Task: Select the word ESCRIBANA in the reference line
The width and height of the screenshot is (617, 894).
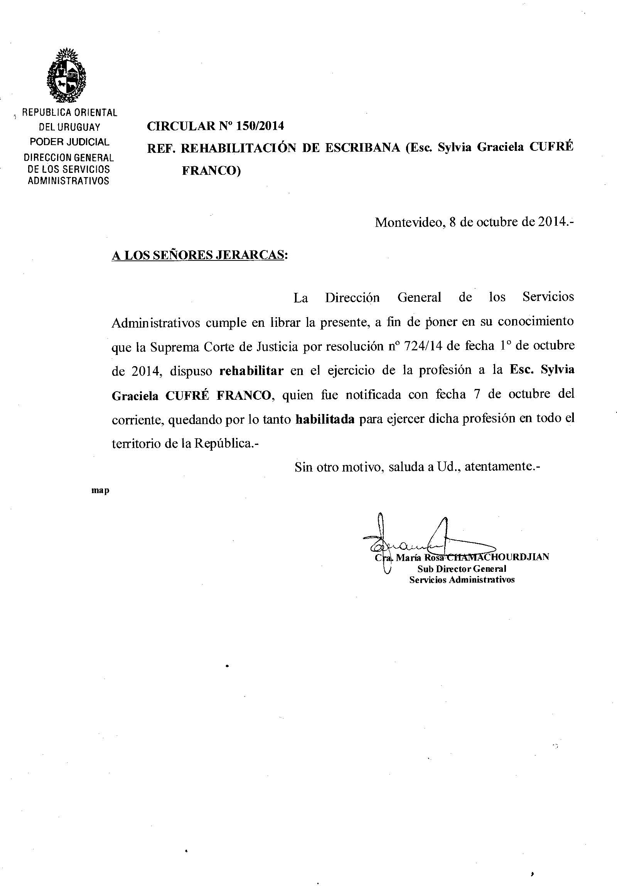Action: pyautogui.click(x=362, y=148)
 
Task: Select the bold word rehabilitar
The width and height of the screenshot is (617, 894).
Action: pyautogui.click(x=252, y=370)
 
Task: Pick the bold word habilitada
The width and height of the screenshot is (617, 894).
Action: pyautogui.click(x=325, y=419)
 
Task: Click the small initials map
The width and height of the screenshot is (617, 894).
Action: pyautogui.click(x=100, y=490)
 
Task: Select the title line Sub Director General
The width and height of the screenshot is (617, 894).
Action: pyautogui.click(x=462, y=569)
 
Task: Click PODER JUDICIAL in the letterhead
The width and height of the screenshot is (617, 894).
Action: pyautogui.click(x=69, y=142)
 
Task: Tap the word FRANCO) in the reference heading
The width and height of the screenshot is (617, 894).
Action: pyautogui.click(x=211, y=171)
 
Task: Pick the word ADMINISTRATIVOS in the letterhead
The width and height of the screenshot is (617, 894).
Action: pyautogui.click(x=68, y=181)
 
